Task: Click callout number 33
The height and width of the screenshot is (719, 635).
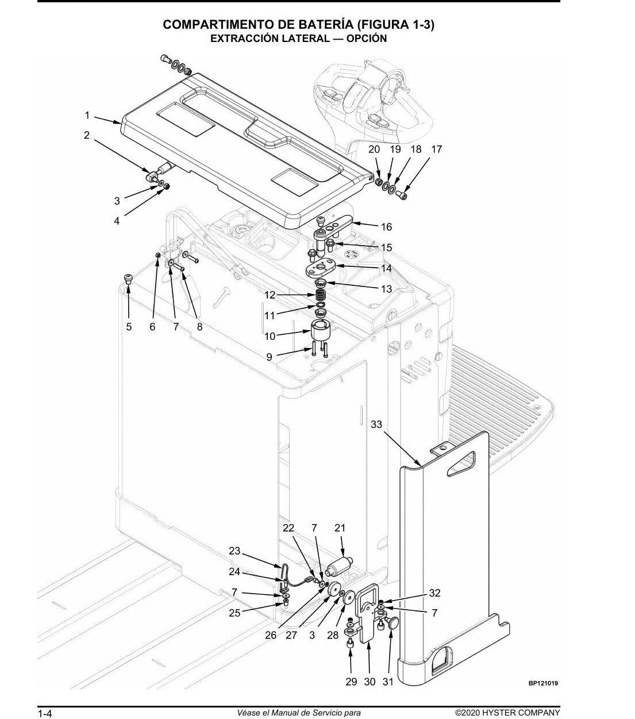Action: pos(376,424)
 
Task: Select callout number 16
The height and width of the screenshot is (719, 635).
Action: pos(386,227)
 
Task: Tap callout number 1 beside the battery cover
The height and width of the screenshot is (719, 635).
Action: pos(87,116)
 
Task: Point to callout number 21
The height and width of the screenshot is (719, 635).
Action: pos(340,527)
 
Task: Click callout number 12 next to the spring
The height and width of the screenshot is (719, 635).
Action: pos(270,295)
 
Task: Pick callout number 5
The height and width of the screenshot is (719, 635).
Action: pos(129,327)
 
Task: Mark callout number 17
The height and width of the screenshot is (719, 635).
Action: pos(436,149)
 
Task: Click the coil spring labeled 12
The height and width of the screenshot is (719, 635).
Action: pos(321,295)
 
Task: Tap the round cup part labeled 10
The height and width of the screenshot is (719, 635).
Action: pos(321,330)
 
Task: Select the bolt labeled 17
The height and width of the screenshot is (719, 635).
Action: pos(402,195)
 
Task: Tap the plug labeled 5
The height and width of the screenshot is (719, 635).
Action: pos(128,278)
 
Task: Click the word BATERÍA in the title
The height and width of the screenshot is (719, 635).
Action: pos(326,25)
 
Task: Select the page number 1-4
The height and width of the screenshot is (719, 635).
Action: pos(45,713)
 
